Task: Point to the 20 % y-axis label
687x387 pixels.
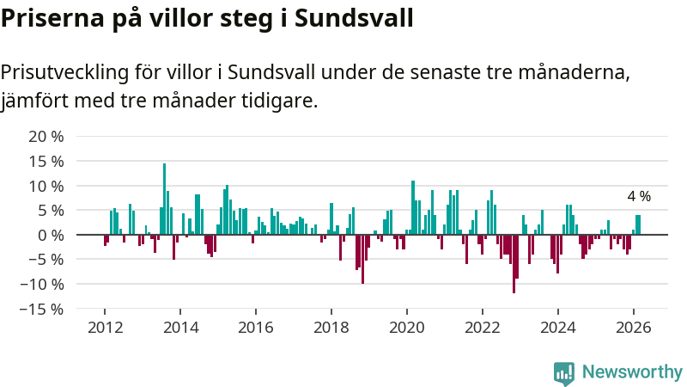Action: point(46,137)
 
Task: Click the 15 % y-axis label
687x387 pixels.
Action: point(46,161)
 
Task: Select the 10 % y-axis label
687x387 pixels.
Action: point(46,186)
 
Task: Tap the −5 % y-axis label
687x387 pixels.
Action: point(46,259)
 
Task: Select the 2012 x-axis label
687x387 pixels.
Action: point(105,327)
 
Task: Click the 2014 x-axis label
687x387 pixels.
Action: point(180,327)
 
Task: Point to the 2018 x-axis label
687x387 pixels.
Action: point(331,327)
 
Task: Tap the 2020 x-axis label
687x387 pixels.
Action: point(407,327)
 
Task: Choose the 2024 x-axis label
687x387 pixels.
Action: point(558,327)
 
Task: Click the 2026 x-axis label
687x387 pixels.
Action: point(634,327)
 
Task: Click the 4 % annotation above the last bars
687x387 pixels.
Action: point(638,196)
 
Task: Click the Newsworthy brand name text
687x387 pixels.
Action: point(632,372)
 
